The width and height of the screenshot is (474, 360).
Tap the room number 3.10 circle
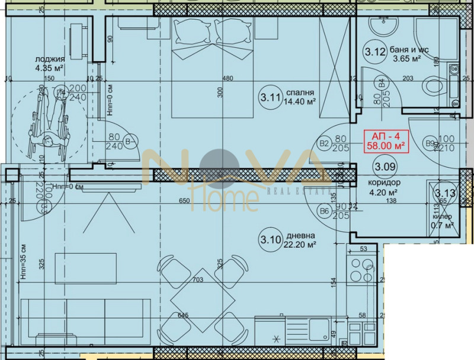pyautogui.click(x=270, y=240)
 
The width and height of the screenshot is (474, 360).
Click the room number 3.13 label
pyautogui.click(x=444, y=193)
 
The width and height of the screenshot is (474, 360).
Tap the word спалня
pyautogui.click(x=299, y=92)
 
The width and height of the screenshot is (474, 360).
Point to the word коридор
pyautogui.click(x=386, y=183)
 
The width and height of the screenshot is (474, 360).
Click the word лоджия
pyautogui.click(x=46, y=59)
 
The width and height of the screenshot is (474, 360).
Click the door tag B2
pyautogui.click(x=324, y=143)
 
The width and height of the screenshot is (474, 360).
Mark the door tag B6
pyautogui.click(x=324, y=211)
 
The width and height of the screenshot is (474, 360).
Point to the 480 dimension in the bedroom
pyautogui.click(x=228, y=78)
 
